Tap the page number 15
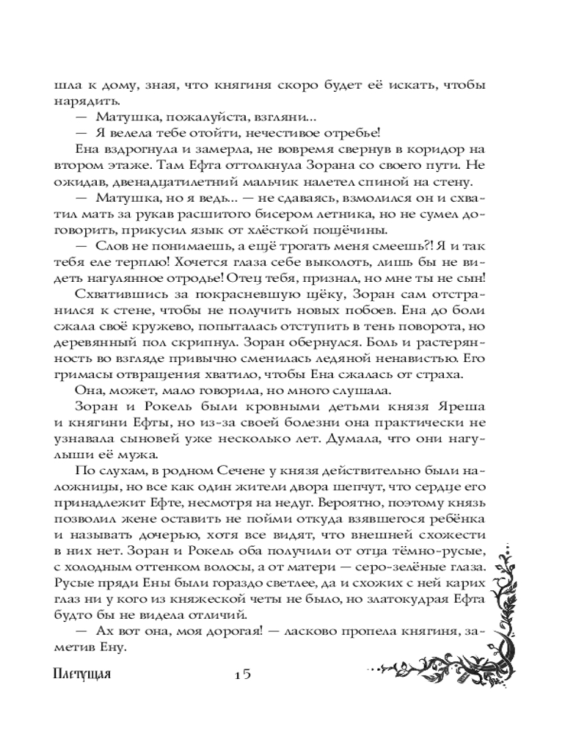pos(239,675)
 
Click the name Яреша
pos(459,408)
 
